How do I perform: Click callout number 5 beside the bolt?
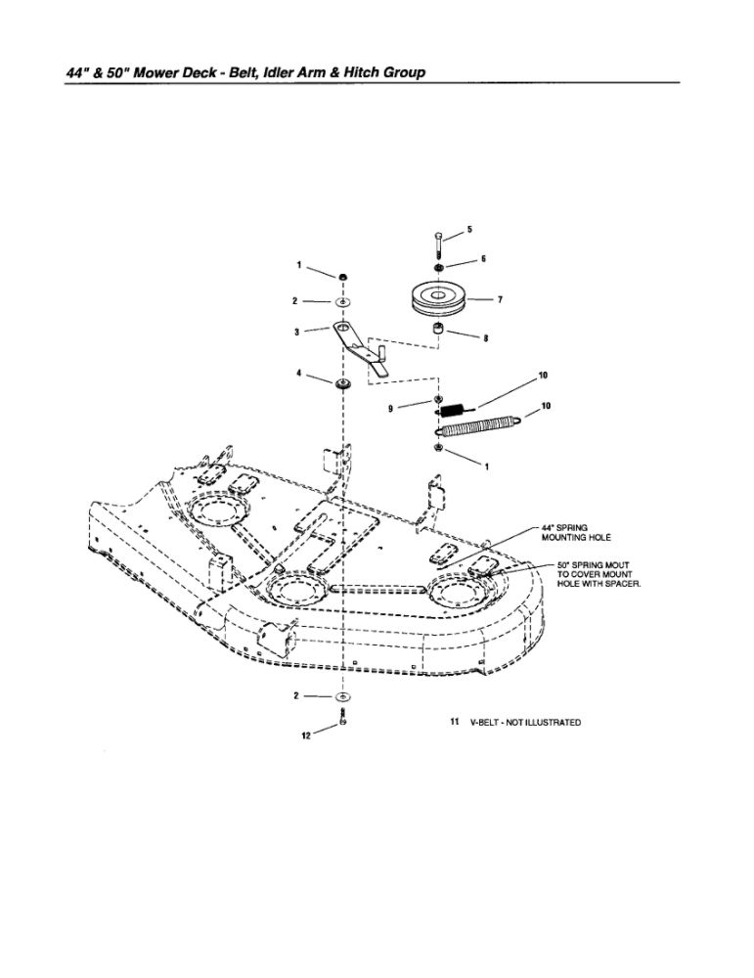[468, 230]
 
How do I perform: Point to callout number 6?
[483, 259]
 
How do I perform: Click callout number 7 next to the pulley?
[500, 300]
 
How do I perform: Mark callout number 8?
[486, 339]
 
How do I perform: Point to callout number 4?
[296, 374]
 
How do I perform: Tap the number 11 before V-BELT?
[454, 723]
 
